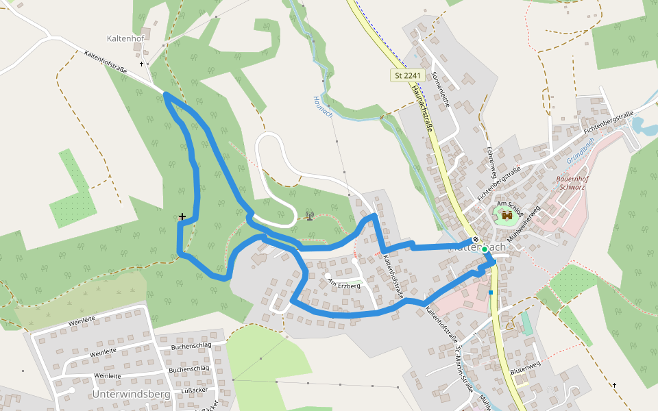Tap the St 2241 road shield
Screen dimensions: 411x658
click(x=409, y=75)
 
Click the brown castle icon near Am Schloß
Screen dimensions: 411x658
click(x=507, y=216)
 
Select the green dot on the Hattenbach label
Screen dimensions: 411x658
click(x=485, y=249)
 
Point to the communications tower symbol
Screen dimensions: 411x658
click(x=310, y=216)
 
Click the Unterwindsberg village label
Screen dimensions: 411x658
click(x=131, y=395)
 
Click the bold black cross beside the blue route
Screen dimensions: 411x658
click(x=182, y=216)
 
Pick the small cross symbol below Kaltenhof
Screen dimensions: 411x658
click(x=142, y=64)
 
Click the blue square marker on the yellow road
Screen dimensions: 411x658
click(x=491, y=292)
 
